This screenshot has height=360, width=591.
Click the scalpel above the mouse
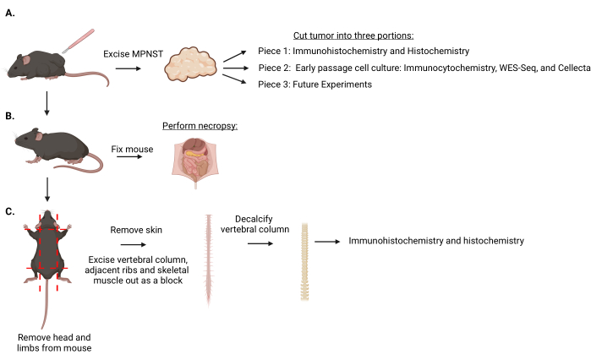click(79, 41)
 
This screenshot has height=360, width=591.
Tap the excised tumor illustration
click(191, 63)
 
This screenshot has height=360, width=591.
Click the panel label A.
click(10, 14)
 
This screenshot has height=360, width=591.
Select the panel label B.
click(10, 116)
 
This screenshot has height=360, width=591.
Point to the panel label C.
click(10, 211)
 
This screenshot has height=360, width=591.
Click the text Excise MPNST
click(133, 54)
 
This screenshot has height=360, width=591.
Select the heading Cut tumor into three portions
click(353, 35)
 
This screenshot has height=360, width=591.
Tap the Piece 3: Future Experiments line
click(315, 85)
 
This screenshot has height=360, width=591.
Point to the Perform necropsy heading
click(200, 126)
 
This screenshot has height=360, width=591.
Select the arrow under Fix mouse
click(129, 156)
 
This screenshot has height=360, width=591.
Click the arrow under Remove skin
click(133, 245)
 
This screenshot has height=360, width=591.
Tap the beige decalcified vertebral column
click(304, 262)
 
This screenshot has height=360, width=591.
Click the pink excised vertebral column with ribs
click(209, 260)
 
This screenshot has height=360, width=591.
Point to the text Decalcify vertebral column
click(254, 224)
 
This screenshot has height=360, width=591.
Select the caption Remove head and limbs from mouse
click(54, 343)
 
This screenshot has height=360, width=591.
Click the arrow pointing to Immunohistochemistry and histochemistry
click(327, 242)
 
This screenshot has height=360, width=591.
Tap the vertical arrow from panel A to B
click(47, 103)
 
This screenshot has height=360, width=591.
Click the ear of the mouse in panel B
click(39, 136)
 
